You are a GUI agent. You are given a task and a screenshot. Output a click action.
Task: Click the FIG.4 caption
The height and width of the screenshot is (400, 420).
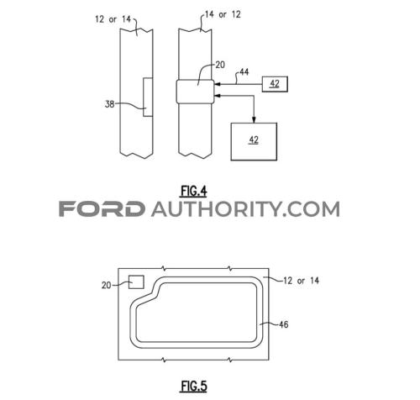[x=194, y=192]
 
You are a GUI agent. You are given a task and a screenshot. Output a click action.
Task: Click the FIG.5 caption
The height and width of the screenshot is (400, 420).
[x=194, y=386]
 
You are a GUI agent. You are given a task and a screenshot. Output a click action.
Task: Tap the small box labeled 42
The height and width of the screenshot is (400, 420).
[x=275, y=84]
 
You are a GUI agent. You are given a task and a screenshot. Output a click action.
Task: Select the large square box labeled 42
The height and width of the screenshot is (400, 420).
[x=254, y=141]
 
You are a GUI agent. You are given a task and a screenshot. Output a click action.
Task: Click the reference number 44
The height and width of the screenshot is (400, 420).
[x=244, y=72]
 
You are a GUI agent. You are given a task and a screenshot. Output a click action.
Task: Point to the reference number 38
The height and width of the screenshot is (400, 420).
[x=109, y=104]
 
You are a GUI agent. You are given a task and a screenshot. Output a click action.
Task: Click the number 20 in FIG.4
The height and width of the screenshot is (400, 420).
[x=220, y=65]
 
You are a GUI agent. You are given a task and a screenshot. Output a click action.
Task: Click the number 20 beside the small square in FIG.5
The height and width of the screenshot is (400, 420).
[x=107, y=285]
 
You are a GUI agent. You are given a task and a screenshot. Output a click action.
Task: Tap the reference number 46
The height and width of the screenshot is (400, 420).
[x=283, y=324]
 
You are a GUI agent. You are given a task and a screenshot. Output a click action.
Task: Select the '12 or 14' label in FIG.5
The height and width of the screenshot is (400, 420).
[x=301, y=281]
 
